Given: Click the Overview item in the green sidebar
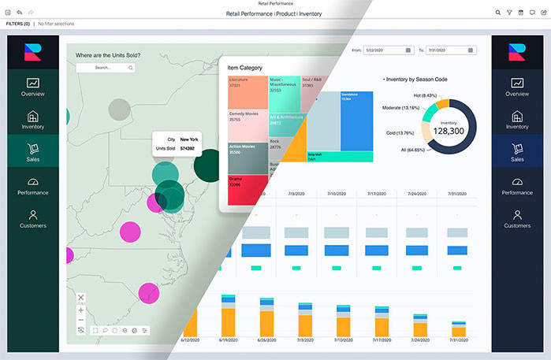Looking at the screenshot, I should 33,87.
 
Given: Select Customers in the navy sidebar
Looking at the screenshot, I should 517,218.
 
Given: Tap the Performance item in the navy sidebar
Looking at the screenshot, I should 517,185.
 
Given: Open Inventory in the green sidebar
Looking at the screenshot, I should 33,120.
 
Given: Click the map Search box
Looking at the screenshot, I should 105,68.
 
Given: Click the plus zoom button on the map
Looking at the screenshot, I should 81,310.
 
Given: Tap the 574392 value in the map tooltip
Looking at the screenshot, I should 188,148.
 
